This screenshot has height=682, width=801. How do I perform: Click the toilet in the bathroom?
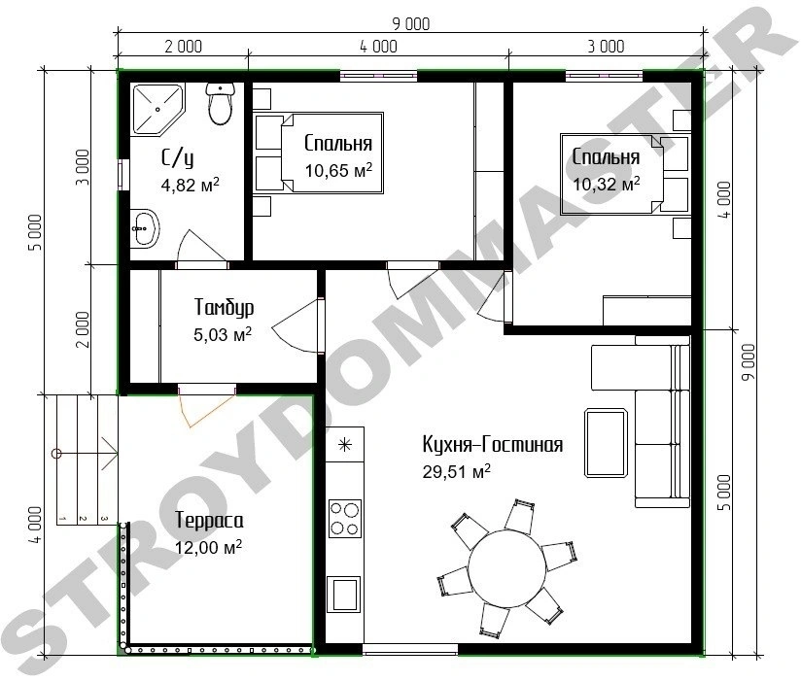(221, 104)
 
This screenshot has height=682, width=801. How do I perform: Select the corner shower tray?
(157, 109)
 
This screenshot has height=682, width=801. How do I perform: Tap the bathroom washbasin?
(145, 228)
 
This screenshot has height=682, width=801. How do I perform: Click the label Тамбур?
(224, 307)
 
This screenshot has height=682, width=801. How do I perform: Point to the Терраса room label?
(209, 520)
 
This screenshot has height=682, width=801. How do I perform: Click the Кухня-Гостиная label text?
(493, 445)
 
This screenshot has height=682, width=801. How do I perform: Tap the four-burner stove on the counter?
(345, 518)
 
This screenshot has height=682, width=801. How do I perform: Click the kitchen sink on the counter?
(344, 594)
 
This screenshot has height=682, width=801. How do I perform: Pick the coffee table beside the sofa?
(606, 443)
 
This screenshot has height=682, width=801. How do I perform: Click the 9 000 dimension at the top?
(411, 23)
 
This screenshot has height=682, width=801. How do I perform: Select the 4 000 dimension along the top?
(378, 47)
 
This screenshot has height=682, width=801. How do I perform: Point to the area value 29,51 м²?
(456, 471)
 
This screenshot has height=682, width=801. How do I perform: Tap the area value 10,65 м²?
(338, 170)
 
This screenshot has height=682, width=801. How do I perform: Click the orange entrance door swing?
(206, 410)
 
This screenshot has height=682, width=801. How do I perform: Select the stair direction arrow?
(87, 454)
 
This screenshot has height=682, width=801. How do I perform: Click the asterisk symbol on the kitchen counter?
(345, 445)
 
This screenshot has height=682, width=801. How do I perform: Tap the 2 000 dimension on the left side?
(83, 329)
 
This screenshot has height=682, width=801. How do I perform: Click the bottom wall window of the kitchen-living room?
(410, 650)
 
